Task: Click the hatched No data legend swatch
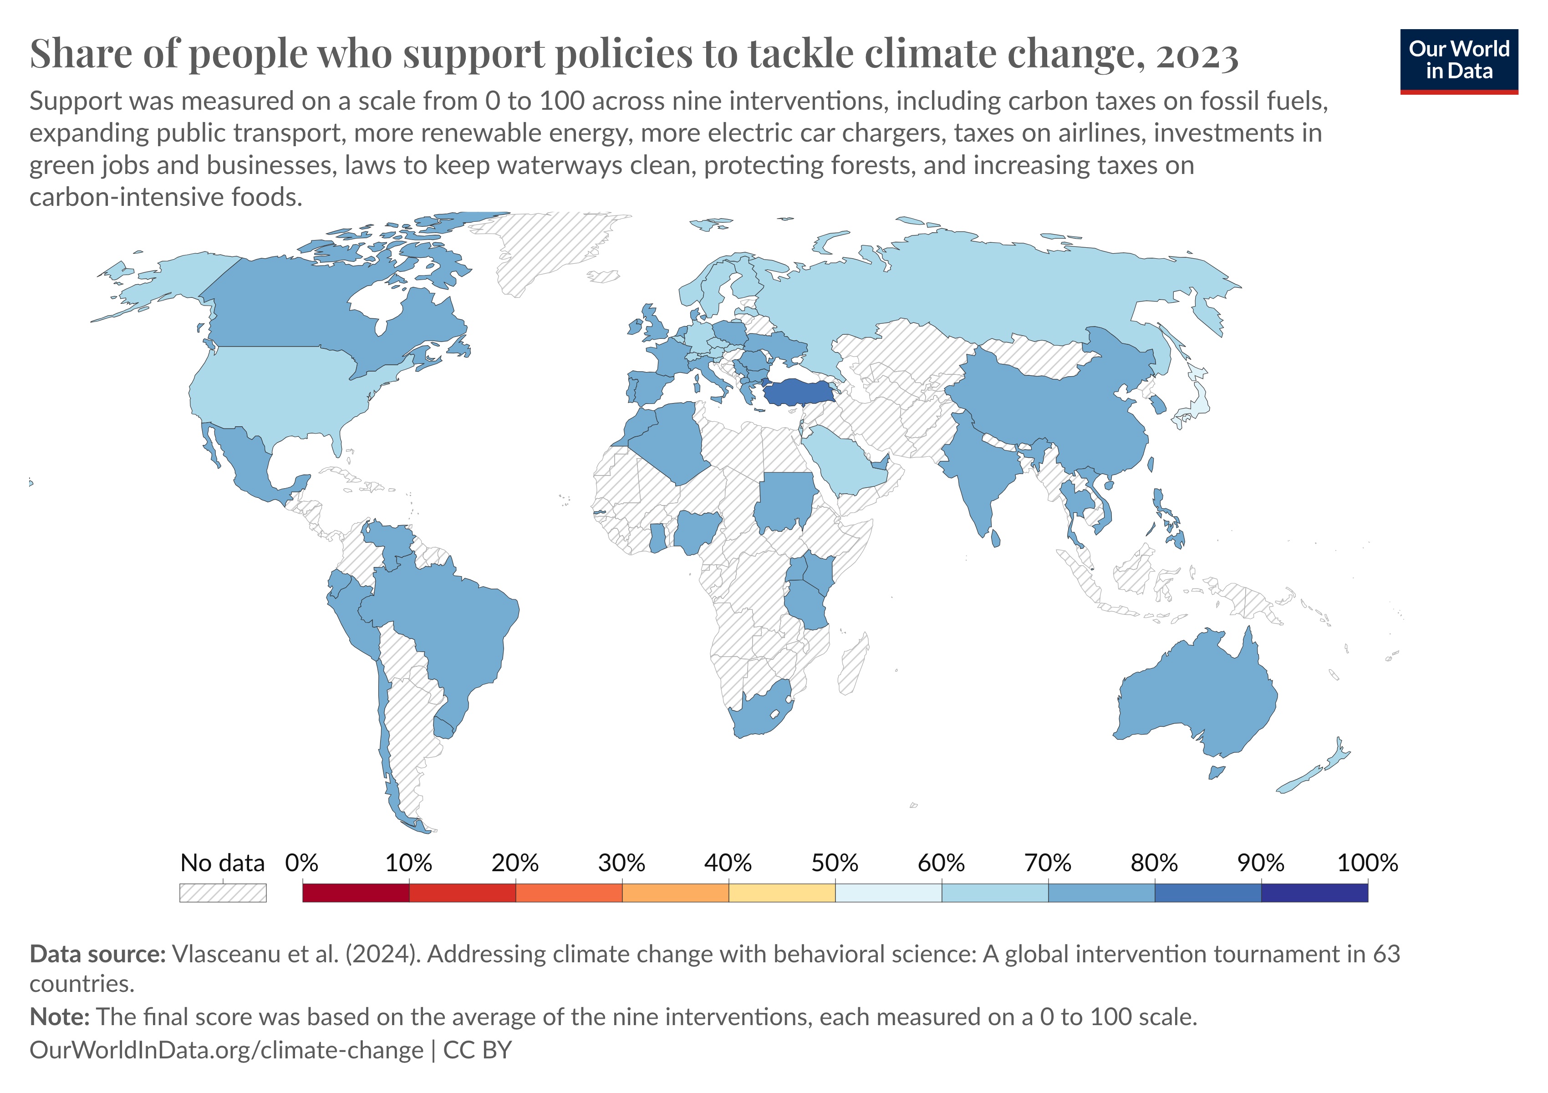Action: tap(223, 893)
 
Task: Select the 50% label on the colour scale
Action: tap(834, 863)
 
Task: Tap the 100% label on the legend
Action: tap(1367, 863)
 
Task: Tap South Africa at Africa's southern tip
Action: tap(759, 715)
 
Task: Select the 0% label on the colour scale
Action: tap(301, 863)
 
